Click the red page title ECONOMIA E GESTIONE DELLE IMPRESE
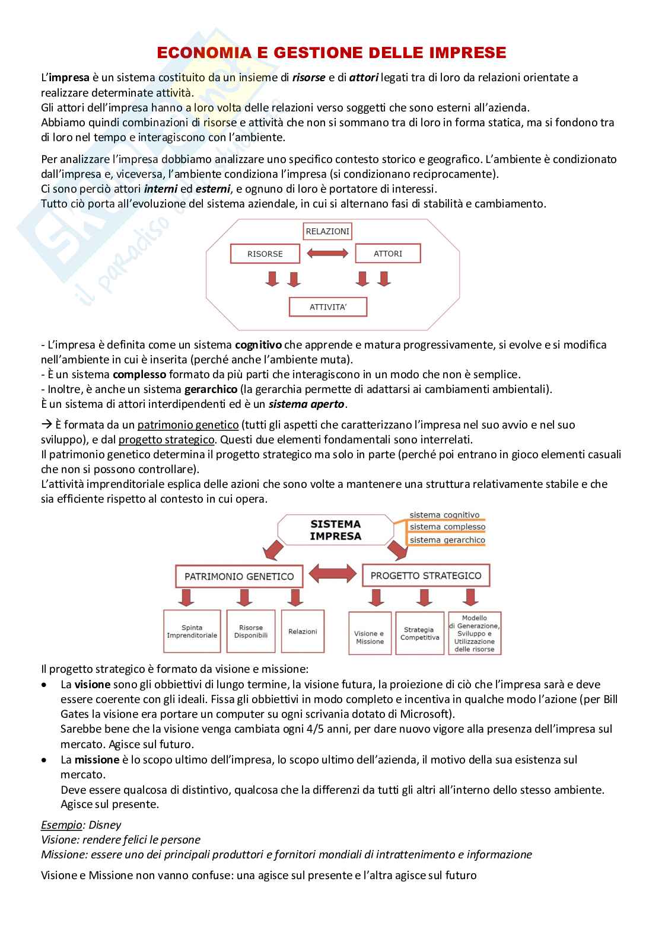pyautogui.click(x=331, y=53)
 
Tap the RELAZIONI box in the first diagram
pyautogui.click(x=327, y=231)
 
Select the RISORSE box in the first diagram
pyautogui.click(x=265, y=254)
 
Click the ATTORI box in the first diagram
pyautogui.click(x=387, y=253)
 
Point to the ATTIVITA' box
pyautogui.click(x=327, y=307)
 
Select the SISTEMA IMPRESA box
pyautogui.click(x=335, y=529)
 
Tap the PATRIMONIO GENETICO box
pyautogui.click(x=239, y=576)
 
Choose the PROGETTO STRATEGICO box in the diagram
pyautogui.click(x=425, y=576)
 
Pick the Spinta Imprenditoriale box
pyautogui.click(x=192, y=632)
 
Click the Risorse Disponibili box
pyautogui.click(x=250, y=632)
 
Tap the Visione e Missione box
pyautogui.click(x=369, y=637)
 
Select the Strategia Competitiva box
pyautogui.click(x=419, y=634)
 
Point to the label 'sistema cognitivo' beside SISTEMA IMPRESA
pyautogui.click(x=444, y=515)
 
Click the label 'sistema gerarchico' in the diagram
pyautogui.click(x=447, y=540)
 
